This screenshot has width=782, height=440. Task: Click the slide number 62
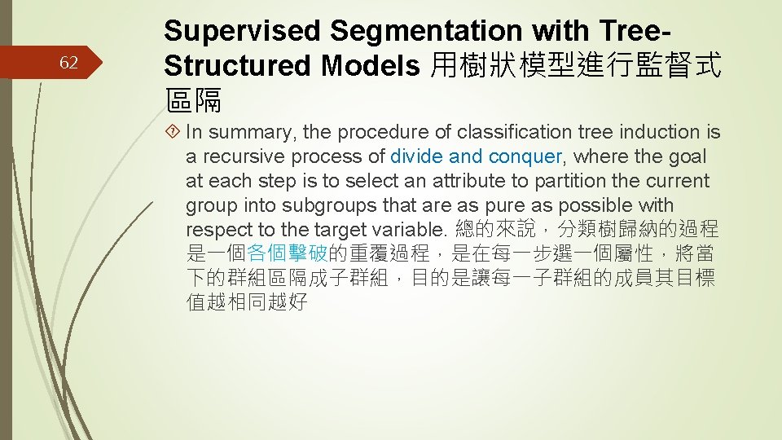pos(69,62)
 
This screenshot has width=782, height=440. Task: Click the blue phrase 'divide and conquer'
pos(476,156)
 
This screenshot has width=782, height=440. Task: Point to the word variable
pos(406,230)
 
